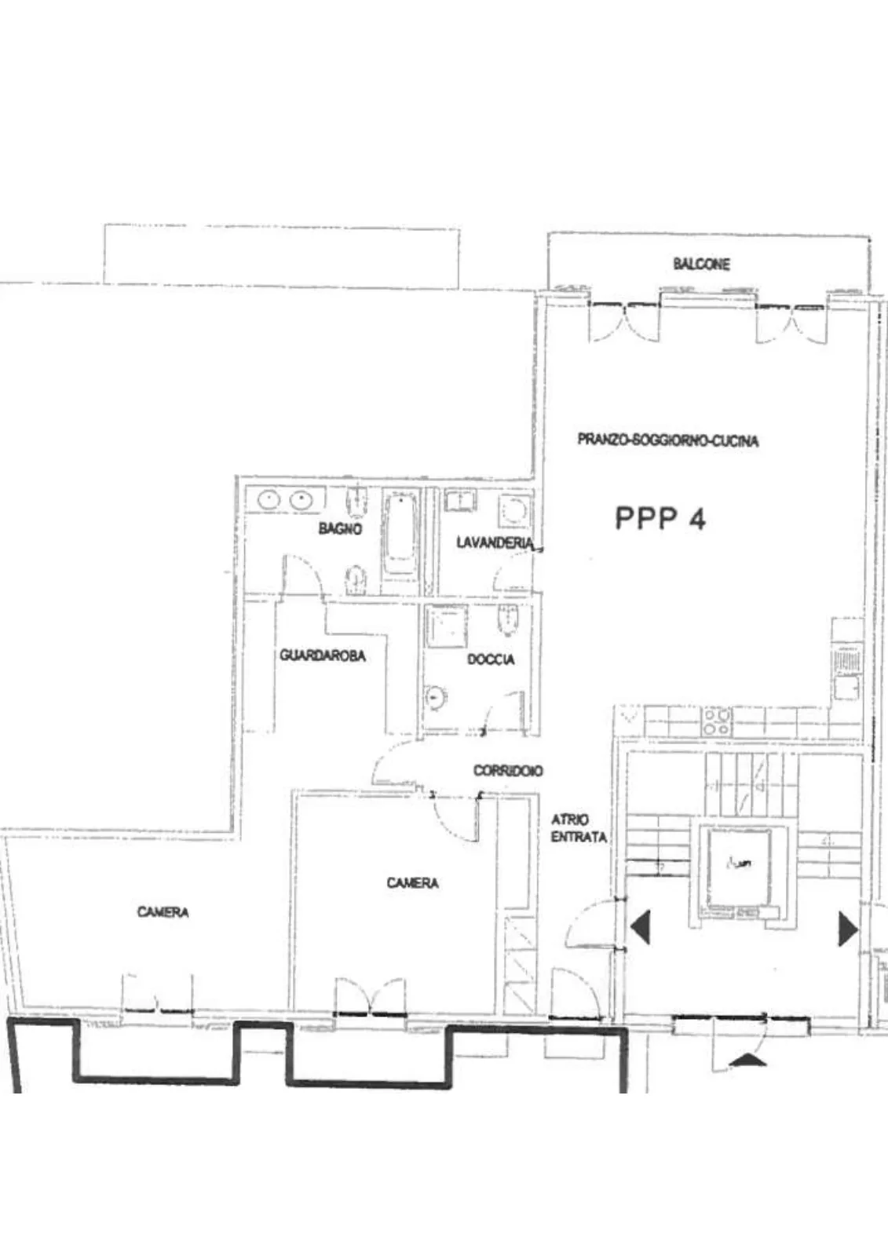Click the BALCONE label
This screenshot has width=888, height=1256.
701,264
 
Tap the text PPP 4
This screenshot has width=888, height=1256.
660,518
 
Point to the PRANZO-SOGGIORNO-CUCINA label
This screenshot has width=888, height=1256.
668,440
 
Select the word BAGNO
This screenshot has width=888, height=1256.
340,528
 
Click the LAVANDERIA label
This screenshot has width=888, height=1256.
494,542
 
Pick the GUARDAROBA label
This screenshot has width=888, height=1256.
323,655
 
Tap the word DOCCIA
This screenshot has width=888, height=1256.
491,659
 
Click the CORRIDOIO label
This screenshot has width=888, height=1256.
508,770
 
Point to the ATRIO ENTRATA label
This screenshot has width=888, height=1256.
579,828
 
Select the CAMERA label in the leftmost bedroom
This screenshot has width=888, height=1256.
163,912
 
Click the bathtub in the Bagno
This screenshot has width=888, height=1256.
400,533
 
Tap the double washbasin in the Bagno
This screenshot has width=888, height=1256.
285,499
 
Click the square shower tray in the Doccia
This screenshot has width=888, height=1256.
447,626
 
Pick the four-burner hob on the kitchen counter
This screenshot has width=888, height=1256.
717,721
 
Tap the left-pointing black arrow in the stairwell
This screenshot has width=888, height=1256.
641,929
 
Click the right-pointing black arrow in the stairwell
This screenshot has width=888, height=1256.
848,929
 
